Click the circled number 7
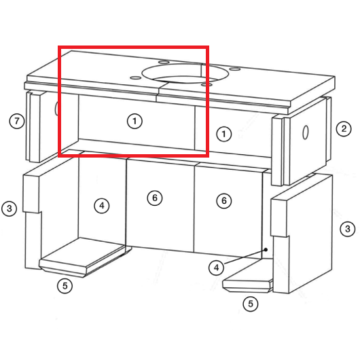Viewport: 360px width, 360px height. click(x=16, y=121)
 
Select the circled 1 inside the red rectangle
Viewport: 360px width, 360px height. click(x=134, y=121)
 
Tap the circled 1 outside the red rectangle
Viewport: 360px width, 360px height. click(x=224, y=134)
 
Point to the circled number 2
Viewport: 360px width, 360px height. click(x=344, y=128)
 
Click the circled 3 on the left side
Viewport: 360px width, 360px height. click(x=10, y=209)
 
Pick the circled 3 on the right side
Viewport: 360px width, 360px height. click(x=348, y=229)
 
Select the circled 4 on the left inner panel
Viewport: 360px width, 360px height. click(x=102, y=206)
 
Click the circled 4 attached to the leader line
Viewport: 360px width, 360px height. click(x=216, y=268)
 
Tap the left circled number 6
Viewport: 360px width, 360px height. click(x=155, y=198)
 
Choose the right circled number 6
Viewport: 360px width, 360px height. click(x=224, y=200)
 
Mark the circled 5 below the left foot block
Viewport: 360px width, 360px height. click(x=65, y=286)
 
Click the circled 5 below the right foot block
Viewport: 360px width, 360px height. click(x=251, y=304)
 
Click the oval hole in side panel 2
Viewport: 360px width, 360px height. click(x=305, y=132)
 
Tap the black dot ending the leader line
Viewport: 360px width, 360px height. click(x=266, y=249)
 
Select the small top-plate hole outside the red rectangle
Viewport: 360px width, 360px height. click(x=234, y=69)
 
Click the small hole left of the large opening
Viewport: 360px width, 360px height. click(x=135, y=78)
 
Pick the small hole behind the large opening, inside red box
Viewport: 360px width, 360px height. click(x=164, y=62)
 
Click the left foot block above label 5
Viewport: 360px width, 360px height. click(x=85, y=257)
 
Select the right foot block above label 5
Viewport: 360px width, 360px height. click(x=248, y=276)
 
